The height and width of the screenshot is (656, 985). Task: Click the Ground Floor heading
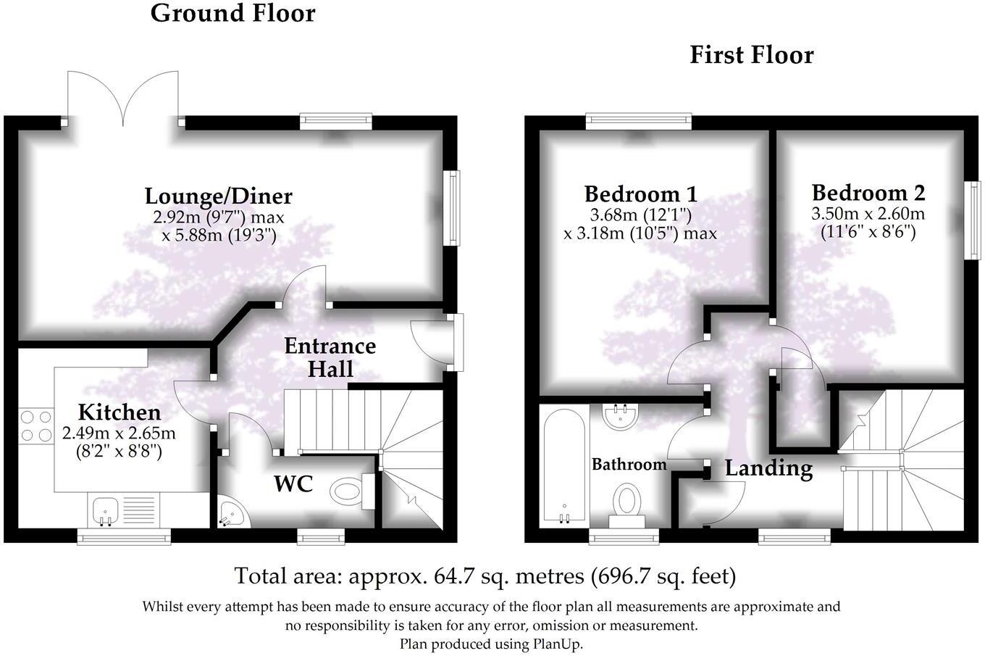click(232, 13)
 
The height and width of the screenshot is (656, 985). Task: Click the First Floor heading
click(751, 55)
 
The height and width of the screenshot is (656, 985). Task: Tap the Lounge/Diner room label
click(218, 196)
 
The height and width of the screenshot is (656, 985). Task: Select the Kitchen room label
click(119, 412)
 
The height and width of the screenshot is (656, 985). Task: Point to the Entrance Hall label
click(330, 357)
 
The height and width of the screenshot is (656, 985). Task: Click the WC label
click(293, 483)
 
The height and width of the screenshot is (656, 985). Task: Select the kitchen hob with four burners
click(35, 425)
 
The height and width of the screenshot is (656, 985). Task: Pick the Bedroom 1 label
click(640, 194)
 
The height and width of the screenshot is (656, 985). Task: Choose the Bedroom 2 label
click(868, 193)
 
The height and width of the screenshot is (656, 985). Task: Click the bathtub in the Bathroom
click(563, 464)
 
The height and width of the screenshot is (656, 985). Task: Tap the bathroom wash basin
click(620, 416)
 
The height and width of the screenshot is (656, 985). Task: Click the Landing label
click(768, 468)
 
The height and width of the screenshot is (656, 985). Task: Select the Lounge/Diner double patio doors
click(123, 98)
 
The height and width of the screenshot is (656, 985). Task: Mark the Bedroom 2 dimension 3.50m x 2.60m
click(868, 215)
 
